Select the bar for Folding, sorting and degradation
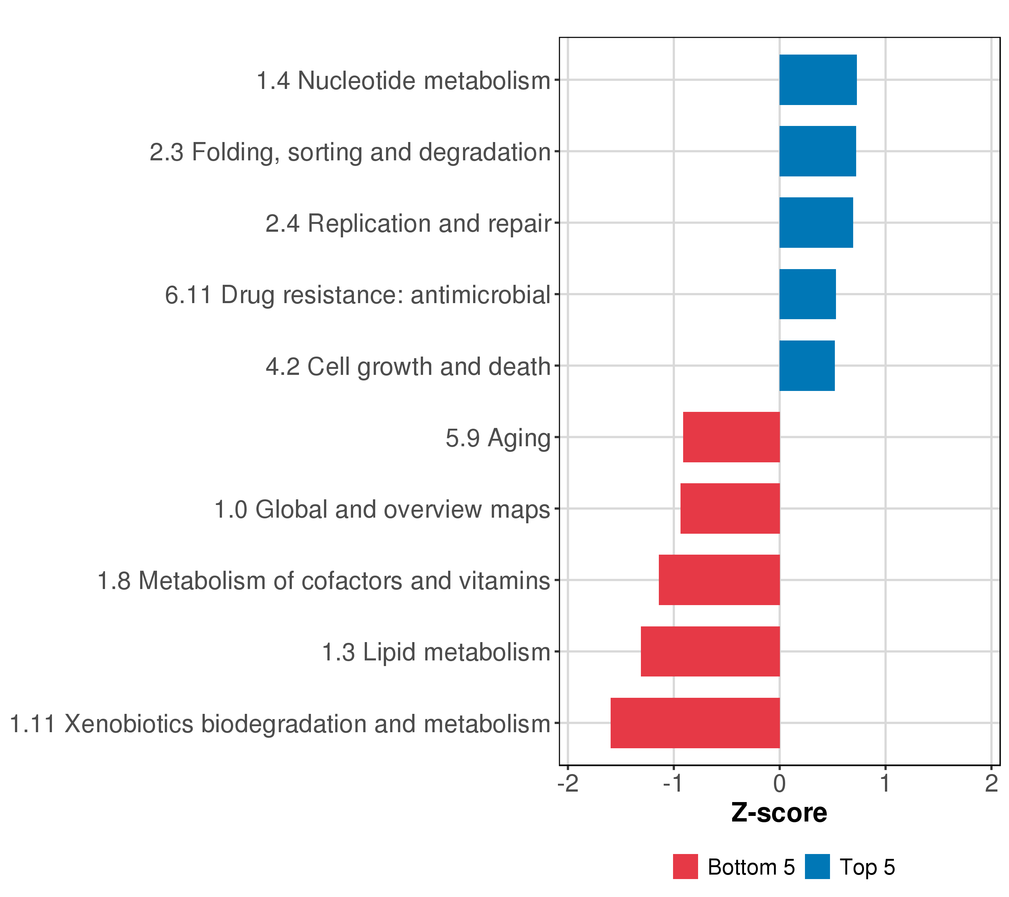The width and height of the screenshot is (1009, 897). click(817, 151)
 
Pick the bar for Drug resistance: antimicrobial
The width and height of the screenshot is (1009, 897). click(807, 294)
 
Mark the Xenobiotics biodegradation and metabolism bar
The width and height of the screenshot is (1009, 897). click(695, 723)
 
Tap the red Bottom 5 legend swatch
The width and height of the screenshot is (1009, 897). click(685, 867)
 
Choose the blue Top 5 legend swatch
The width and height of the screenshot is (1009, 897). click(817, 867)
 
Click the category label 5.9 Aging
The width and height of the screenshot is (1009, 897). click(498, 438)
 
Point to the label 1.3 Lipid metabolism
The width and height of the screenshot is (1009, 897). click(436, 653)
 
